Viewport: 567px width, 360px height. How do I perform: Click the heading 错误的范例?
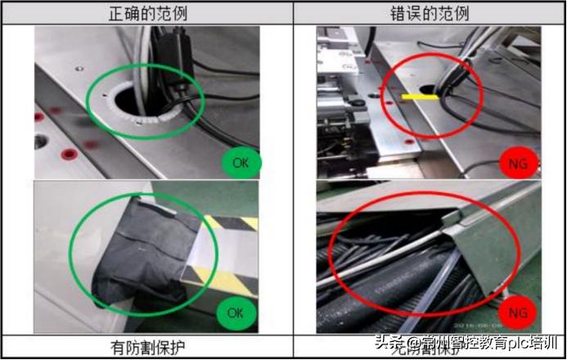point(429,12)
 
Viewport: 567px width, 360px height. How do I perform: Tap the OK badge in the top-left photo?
point(240,162)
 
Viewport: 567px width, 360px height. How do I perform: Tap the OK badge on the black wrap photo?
point(236,312)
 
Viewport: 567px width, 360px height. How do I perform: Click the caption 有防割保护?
point(147,347)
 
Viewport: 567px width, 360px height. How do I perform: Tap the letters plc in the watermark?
point(516,342)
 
